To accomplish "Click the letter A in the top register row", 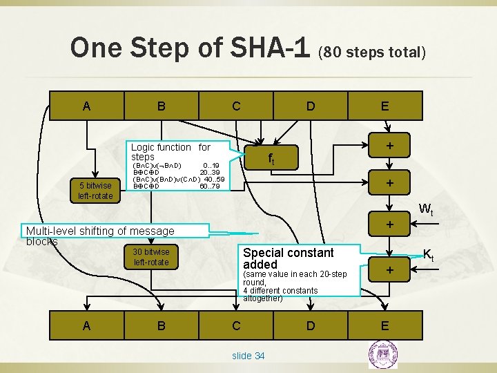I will pos(86,106).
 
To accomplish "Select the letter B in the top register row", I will pos(161,106).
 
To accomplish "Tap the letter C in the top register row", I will pos(236,106).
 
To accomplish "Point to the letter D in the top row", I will pos(311,106).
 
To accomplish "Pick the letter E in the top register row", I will pos(384,106).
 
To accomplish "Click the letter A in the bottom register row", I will pos(86,325).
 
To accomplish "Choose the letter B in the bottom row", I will pos(161,325).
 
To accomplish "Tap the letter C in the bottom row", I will pos(236,325).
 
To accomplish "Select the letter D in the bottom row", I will pos(311,325).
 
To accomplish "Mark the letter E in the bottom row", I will pos(384,325).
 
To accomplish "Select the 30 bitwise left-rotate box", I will pos(150,256).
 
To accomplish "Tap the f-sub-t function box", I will pos(271,160).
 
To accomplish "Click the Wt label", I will pos(427,209).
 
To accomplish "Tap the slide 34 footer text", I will pos(248,355).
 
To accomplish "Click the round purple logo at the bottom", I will pos(382,356).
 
